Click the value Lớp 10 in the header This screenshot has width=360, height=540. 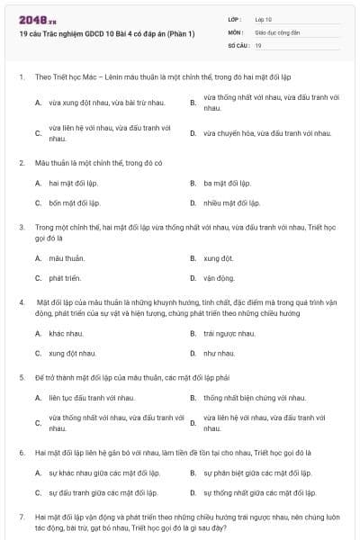(264, 18)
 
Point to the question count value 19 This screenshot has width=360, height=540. (258, 44)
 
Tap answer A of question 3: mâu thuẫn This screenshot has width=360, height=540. (67, 258)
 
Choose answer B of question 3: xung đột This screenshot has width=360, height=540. (219, 258)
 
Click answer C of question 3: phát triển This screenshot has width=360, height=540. (67, 278)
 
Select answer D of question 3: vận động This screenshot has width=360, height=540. (219, 278)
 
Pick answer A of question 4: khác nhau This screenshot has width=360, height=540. (67, 333)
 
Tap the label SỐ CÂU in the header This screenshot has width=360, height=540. (238, 44)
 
